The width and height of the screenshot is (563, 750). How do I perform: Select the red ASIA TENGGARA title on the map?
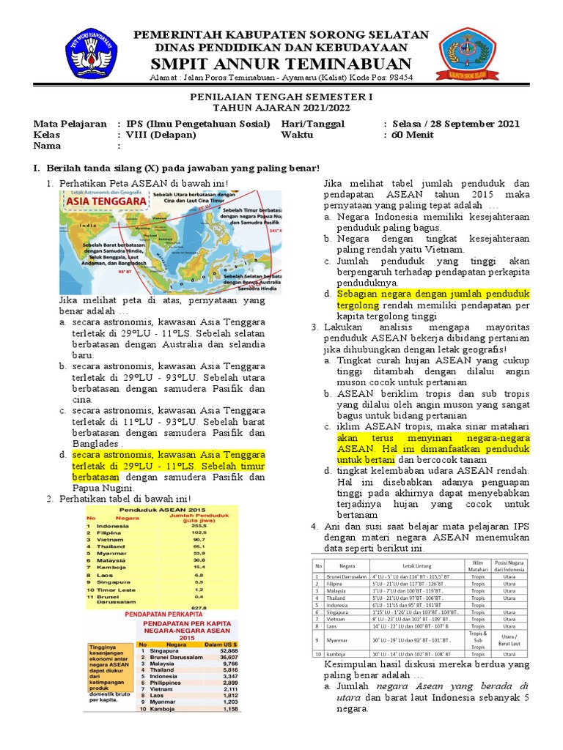click(x=102, y=201)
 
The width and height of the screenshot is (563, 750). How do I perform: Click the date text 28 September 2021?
click(x=489, y=124)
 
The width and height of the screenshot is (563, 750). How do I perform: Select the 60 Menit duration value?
click(x=413, y=135)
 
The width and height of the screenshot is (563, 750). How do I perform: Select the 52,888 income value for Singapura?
click(x=228, y=650)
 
